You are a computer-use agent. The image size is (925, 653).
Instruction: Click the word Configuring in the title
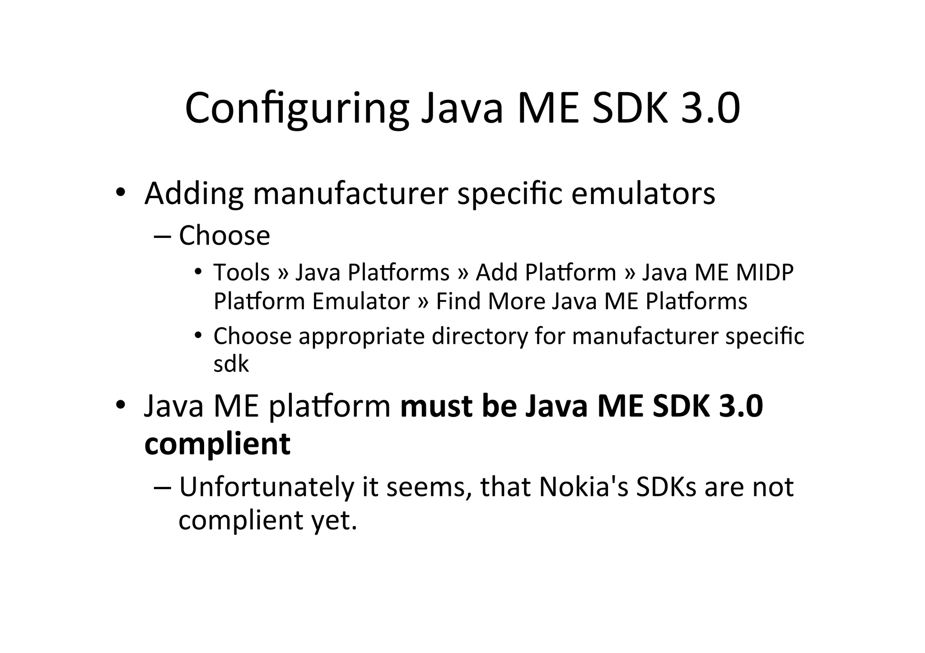pyautogui.click(x=297, y=108)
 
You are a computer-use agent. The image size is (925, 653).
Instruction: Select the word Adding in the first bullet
pyautogui.click(x=194, y=193)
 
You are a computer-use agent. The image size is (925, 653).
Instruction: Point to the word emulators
pyautogui.click(x=643, y=193)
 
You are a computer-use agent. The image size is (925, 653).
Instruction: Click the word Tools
pyautogui.click(x=242, y=273)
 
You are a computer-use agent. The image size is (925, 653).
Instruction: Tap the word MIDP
pyautogui.click(x=764, y=273)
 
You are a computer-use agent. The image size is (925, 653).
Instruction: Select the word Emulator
pyautogui.click(x=361, y=301)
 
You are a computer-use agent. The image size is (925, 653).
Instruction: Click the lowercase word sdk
pyautogui.click(x=231, y=364)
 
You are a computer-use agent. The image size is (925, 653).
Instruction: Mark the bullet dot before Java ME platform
pyautogui.click(x=120, y=405)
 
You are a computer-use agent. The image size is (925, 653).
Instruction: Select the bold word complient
pyautogui.click(x=217, y=444)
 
